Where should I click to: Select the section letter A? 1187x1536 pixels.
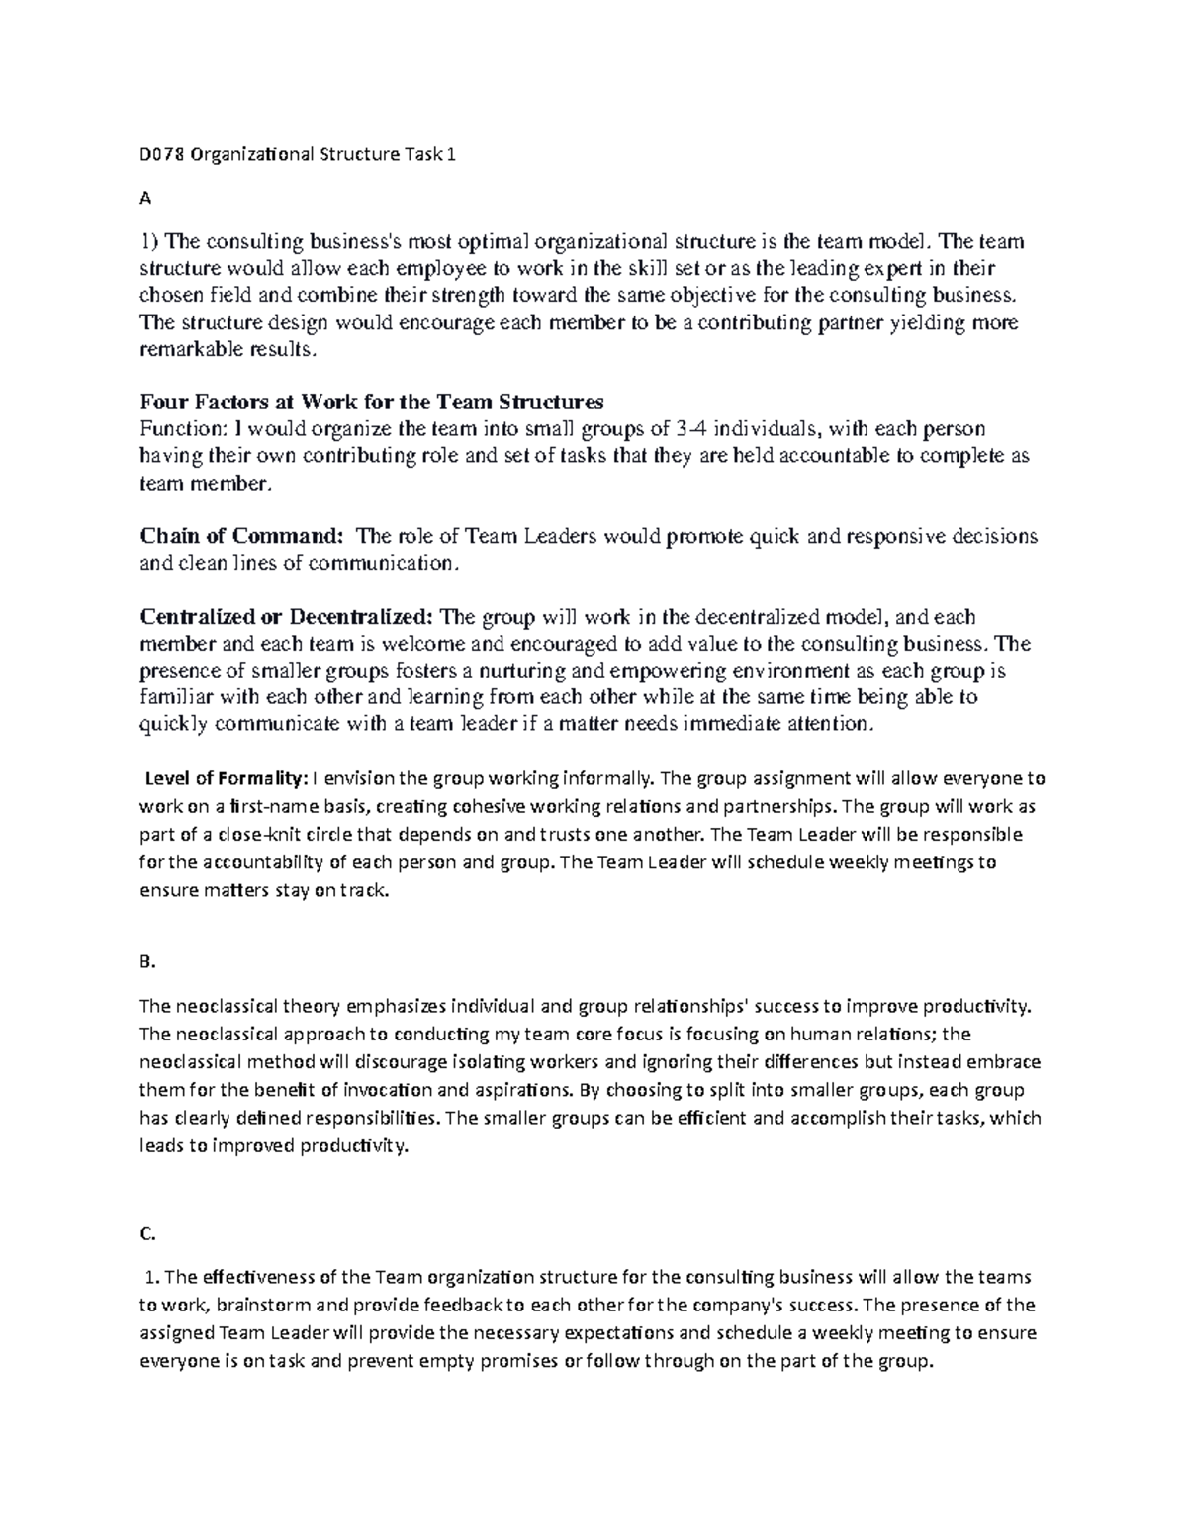coord(145,198)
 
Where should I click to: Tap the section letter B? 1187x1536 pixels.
coord(147,958)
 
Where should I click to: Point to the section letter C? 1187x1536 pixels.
coord(147,1233)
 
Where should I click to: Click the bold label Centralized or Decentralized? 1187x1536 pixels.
coord(287,617)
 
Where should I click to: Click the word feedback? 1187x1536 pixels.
coord(468,1305)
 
